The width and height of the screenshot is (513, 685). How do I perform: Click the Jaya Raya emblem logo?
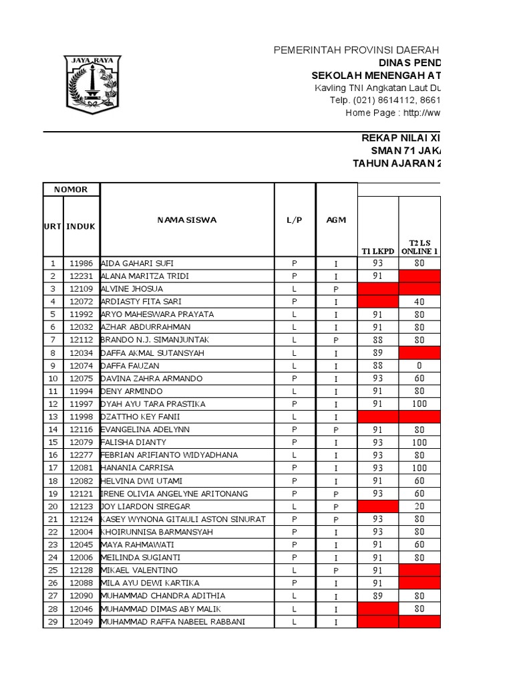click(94, 83)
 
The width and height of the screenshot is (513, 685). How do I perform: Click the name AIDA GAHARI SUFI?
click(136, 263)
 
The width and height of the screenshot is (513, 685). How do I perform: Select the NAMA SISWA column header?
click(187, 219)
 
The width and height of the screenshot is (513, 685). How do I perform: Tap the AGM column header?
click(337, 219)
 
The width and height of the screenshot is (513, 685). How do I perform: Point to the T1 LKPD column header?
click(379, 251)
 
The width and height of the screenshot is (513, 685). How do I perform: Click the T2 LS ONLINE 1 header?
click(419, 246)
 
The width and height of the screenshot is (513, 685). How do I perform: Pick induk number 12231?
click(81, 276)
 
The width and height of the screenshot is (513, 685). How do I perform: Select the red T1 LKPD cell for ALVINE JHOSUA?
click(379, 288)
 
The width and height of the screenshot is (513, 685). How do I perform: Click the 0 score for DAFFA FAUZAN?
click(419, 365)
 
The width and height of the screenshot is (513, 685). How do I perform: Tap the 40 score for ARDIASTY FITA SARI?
click(419, 301)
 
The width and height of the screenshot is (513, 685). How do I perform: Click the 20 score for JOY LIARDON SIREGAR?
click(419, 506)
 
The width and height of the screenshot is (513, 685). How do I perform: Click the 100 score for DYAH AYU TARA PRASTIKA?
click(419, 404)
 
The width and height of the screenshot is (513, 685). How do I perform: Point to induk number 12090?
click(81, 596)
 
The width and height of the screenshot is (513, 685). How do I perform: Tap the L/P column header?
click(295, 219)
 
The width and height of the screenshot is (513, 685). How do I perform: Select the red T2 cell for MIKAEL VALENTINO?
click(419, 571)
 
